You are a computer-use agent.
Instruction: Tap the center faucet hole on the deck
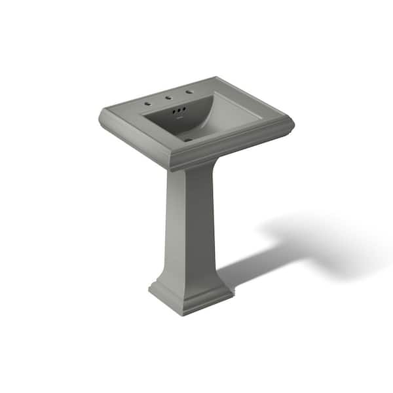point(168,97)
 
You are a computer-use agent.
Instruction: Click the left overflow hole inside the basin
point(174,112)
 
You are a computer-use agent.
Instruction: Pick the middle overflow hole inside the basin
point(179,111)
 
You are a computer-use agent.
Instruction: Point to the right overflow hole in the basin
point(184,109)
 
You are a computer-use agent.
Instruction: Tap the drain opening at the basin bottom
point(188,139)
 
